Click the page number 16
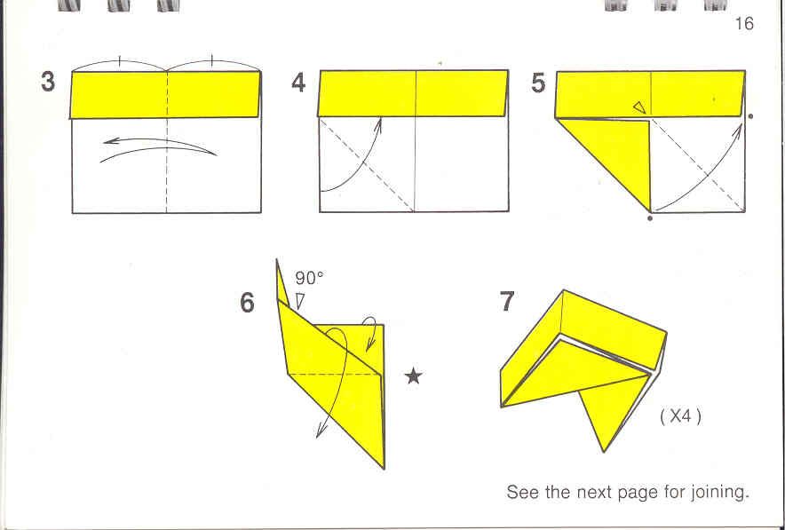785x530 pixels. (744, 23)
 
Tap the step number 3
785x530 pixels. (48, 82)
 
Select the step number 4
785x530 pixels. (298, 82)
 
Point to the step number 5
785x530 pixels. (538, 83)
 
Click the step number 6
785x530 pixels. (248, 302)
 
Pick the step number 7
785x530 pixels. (507, 301)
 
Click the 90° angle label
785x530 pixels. (309, 278)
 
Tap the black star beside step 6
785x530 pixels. (414, 376)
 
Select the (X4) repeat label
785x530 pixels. (680, 415)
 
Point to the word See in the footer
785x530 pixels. (523, 492)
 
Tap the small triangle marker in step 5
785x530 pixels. (639, 107)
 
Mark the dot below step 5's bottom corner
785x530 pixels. (650, 218)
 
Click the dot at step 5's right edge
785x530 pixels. (750, 116)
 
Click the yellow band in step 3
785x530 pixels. (166, 95)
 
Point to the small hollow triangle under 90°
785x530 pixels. (299, 301)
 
